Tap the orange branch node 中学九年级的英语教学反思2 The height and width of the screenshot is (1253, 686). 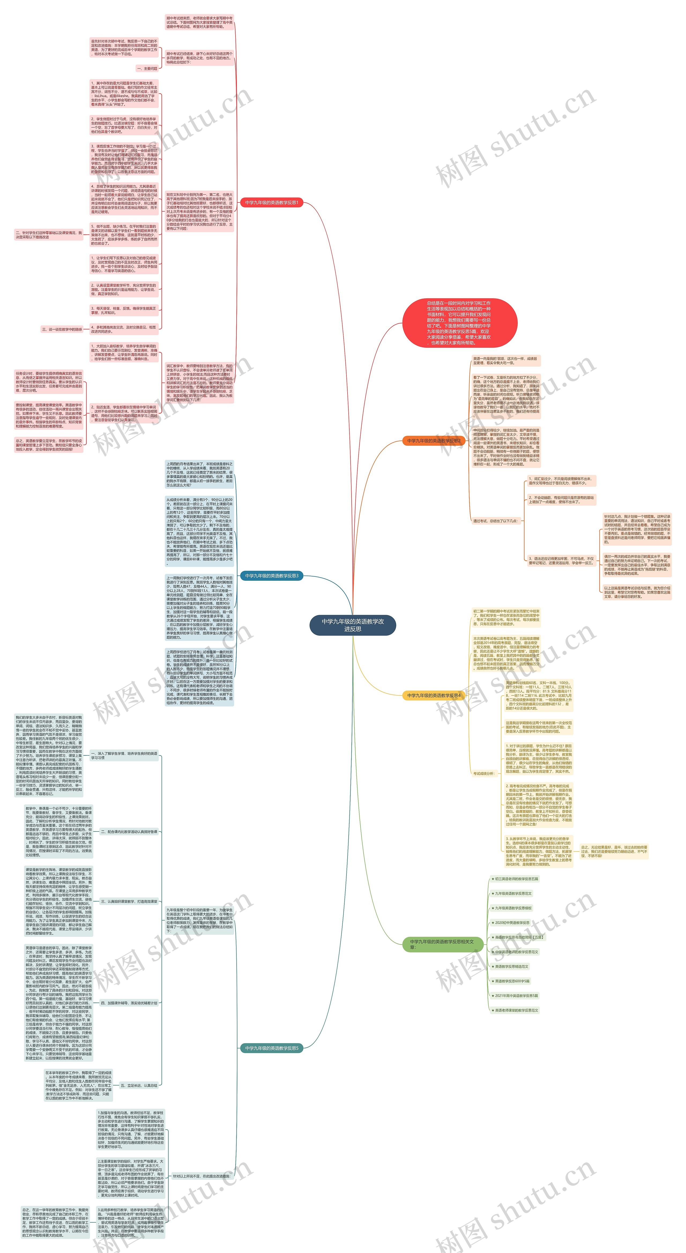point(434,441)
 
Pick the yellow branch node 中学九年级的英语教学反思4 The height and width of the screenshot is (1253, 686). point(434,696)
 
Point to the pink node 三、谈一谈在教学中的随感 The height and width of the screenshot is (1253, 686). point(62,329)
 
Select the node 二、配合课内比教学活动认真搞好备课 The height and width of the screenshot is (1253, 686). point(129,832)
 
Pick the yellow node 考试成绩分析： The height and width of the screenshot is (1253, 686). point(484,773)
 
